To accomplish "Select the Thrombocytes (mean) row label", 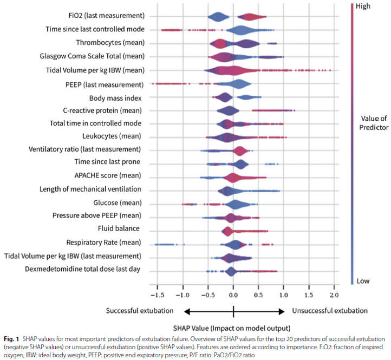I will [x=110, y=42].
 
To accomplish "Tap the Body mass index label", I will [x=115, y=98].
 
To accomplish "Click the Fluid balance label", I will [x=119, y=228].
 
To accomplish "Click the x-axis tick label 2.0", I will [x=334, y=294].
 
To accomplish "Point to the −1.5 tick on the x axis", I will [x=157, y=294].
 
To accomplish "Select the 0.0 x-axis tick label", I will [x=233, y=294].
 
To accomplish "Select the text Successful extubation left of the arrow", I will [x=140, y=311].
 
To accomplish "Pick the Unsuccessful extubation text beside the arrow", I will [x=330, y=311].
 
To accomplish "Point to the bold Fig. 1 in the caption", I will [x=9, y=338].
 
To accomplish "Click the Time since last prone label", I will [x=108, y=162].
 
